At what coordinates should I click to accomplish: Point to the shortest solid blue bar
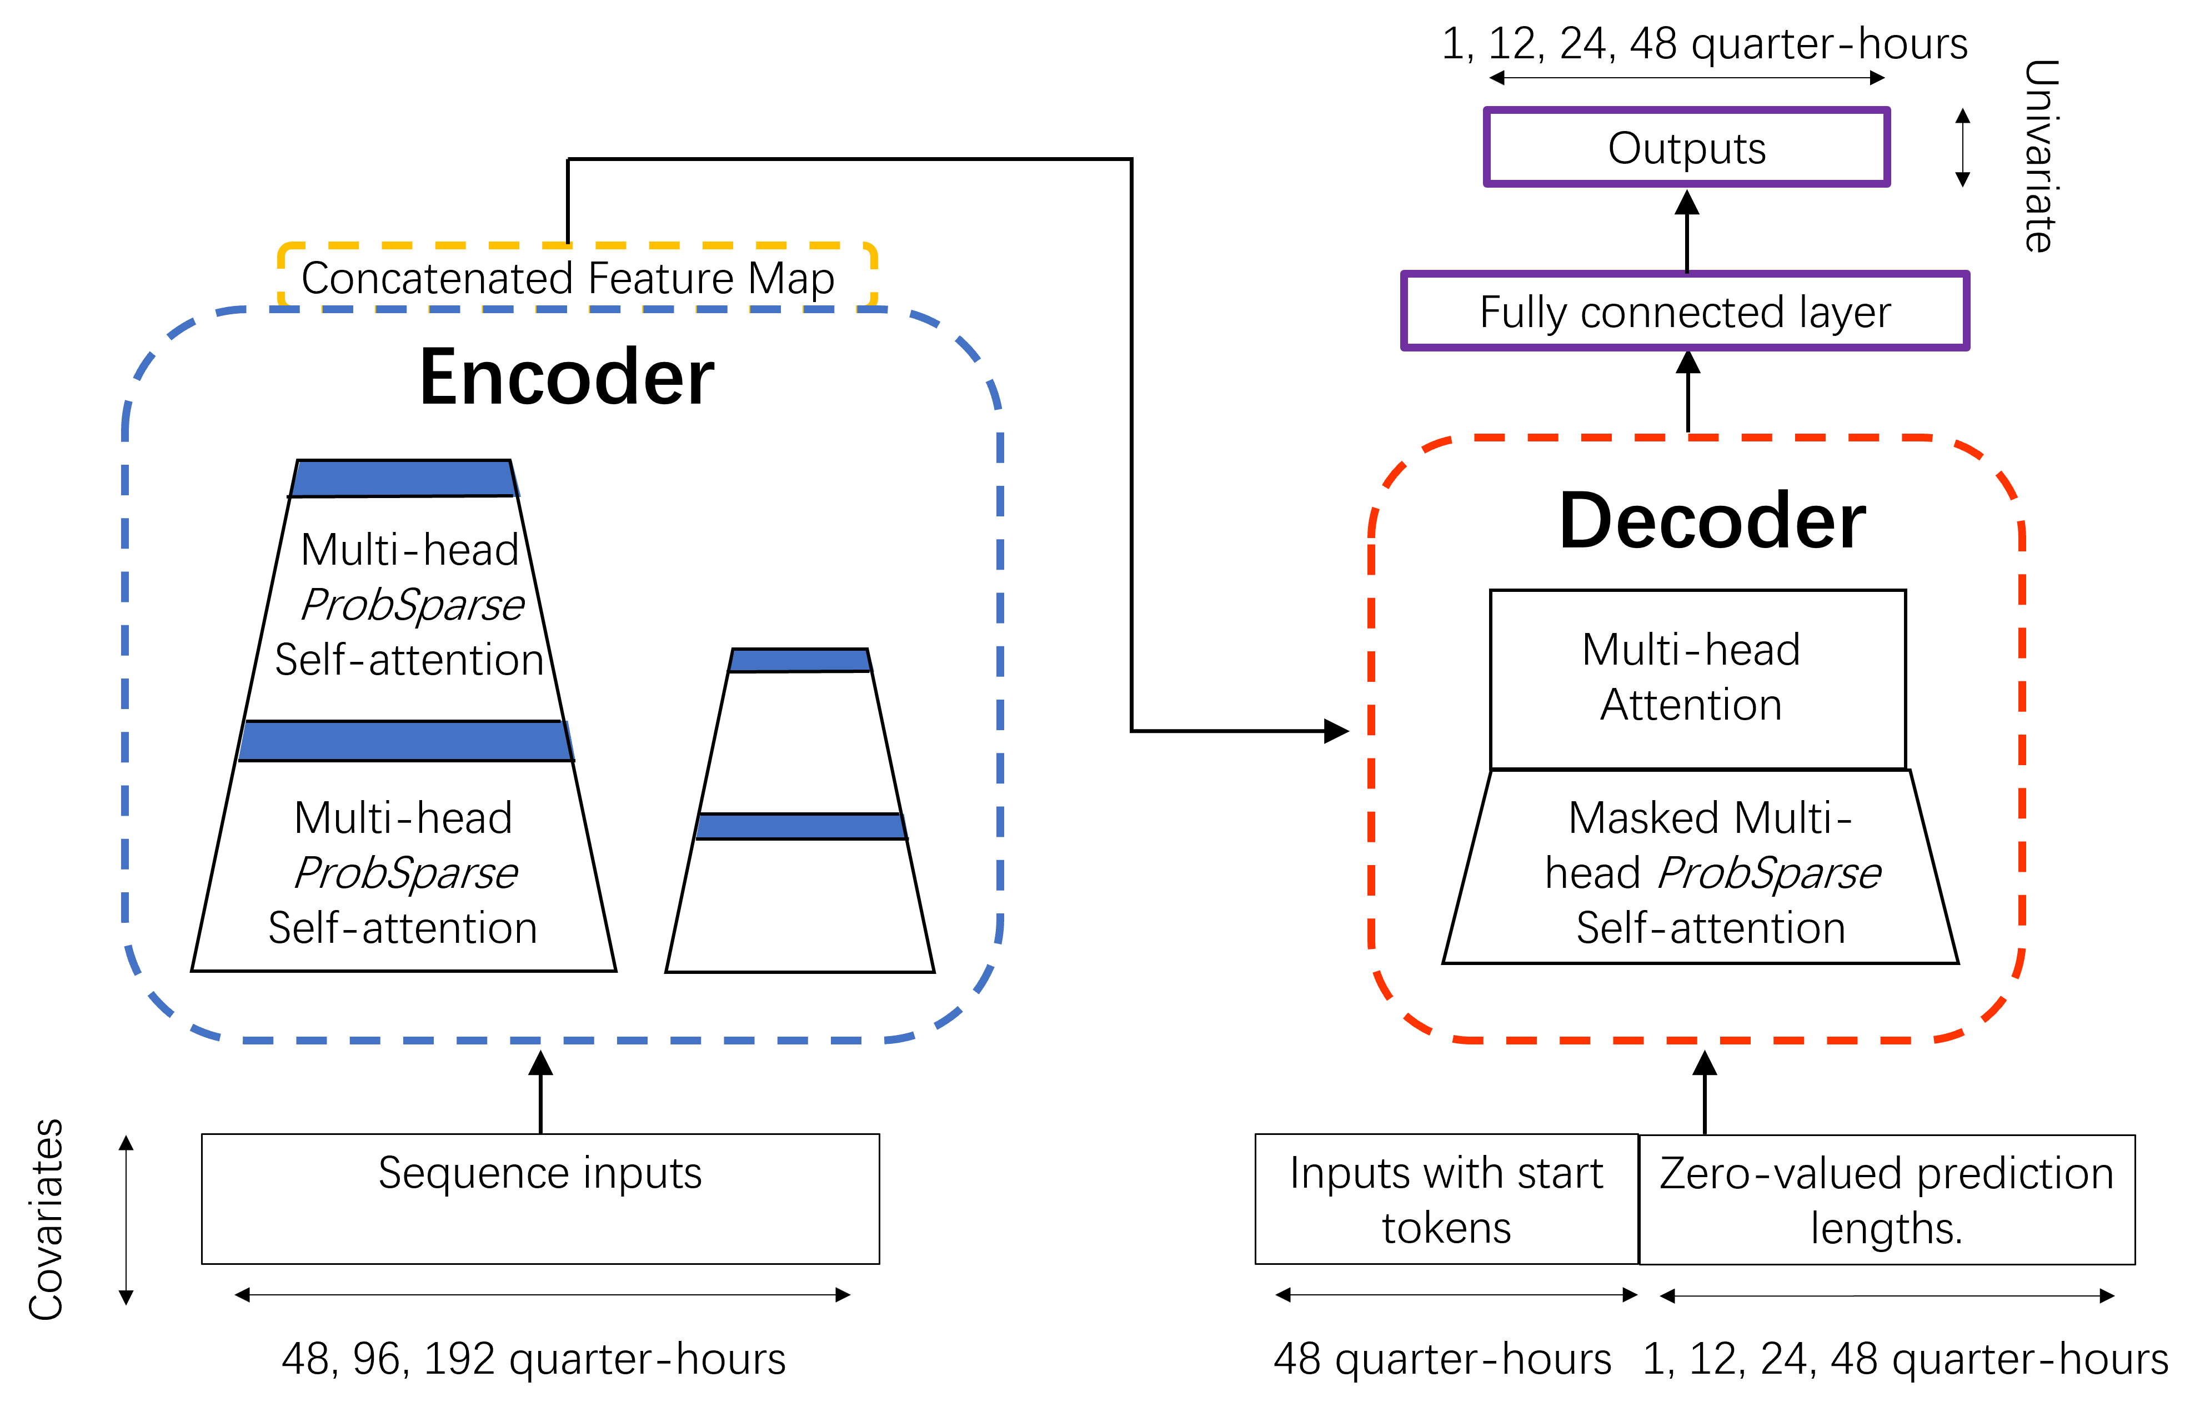[x=800, y=660]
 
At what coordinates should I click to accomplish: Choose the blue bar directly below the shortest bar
[x=800, y=826]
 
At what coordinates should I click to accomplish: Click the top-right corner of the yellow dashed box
[x=874, y=246]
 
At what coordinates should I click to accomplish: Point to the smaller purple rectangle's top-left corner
[x=1486, y=110]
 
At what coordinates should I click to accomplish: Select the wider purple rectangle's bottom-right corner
[x=1967, y=348]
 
